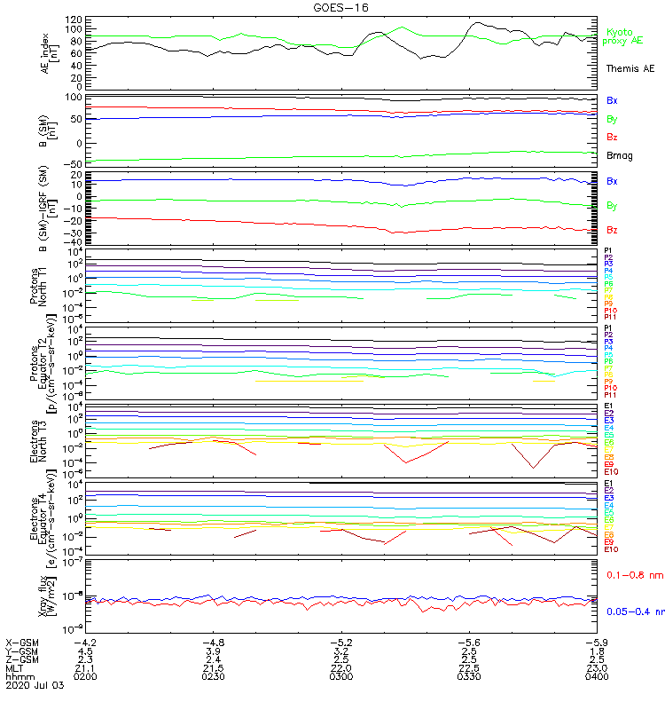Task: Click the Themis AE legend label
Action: point(630,68)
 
